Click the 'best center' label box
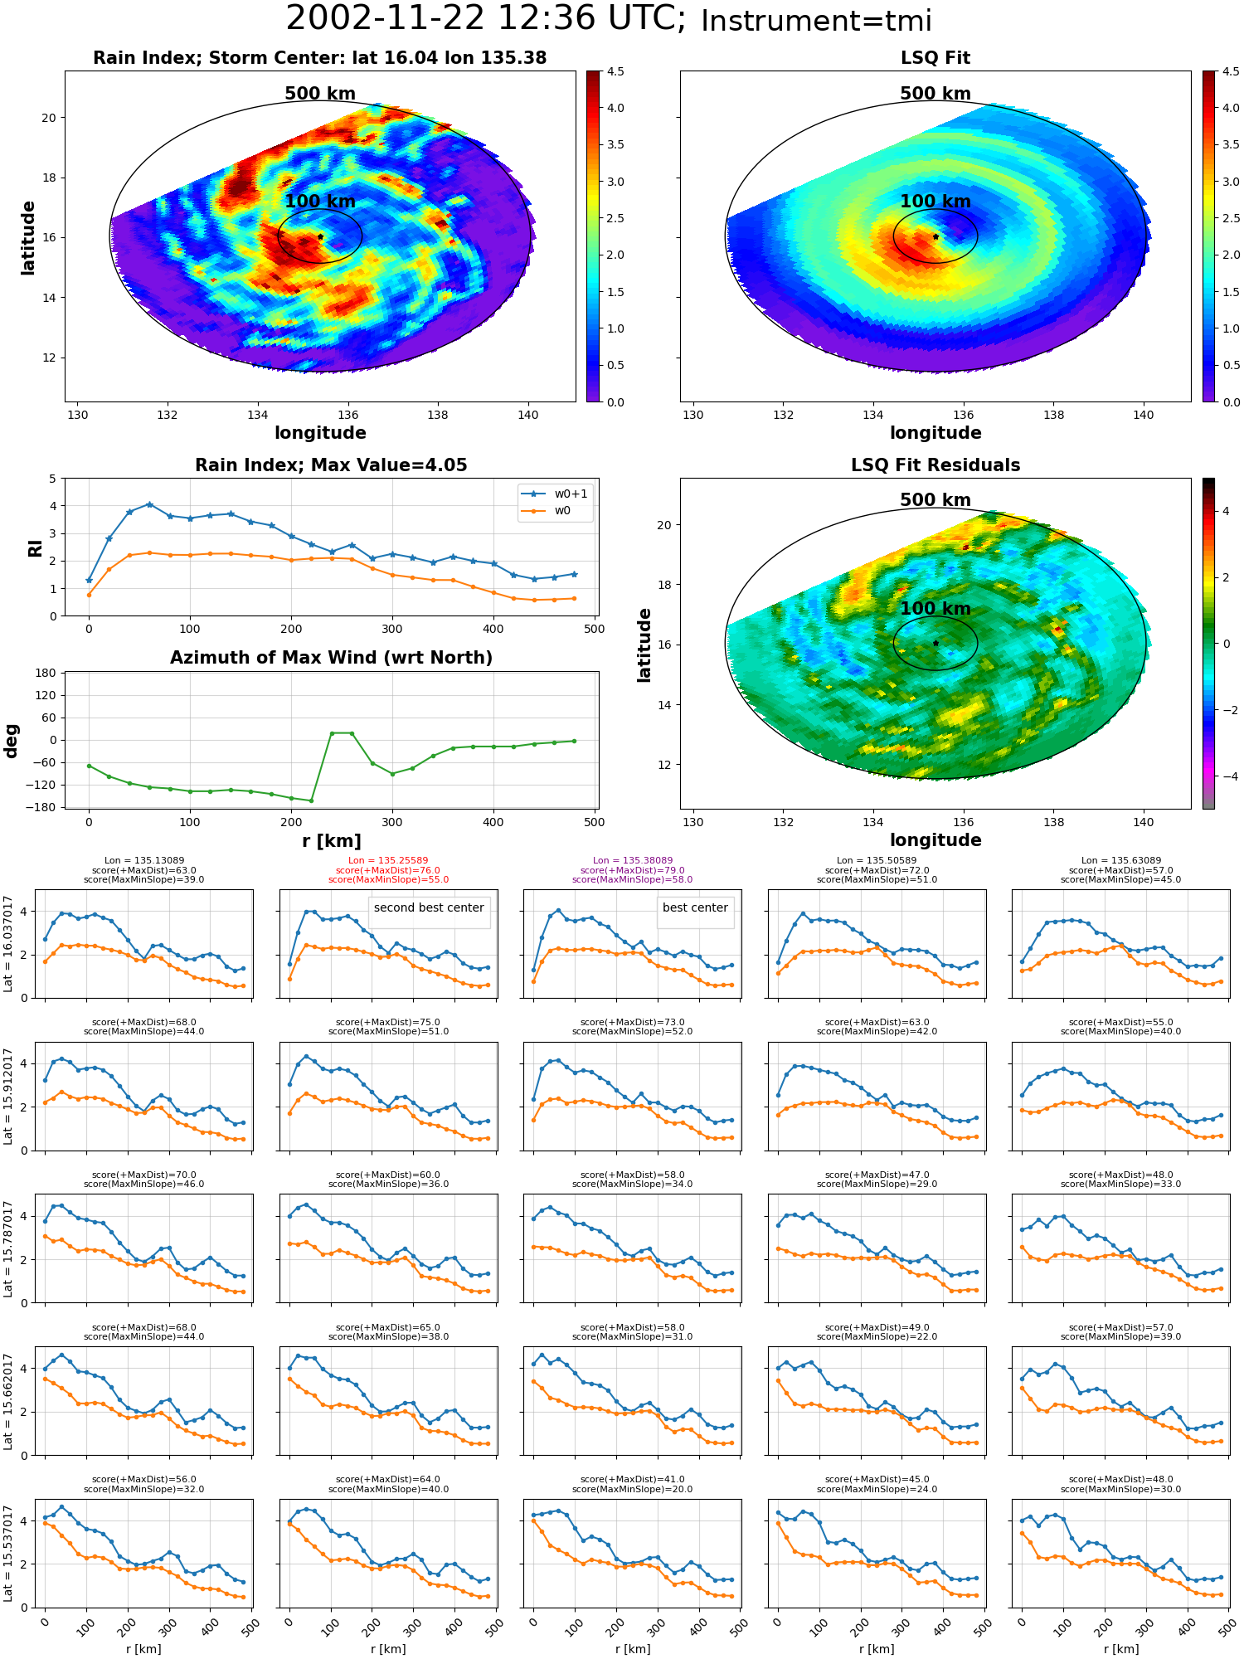coord(695,908)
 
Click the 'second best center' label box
coord(429,908)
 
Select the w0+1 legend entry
coord(556,494)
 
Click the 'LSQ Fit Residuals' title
coord(935,465)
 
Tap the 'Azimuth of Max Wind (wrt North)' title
coord(331,658)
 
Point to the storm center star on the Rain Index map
coord(320,237)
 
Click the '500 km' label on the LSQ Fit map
coord(935,94)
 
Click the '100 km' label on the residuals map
coord(935,608)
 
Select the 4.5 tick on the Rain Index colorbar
coord(615,71)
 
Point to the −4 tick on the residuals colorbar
coord(1225,776)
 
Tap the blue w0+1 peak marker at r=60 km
coord(149,504)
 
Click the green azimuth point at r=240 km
coord(332,733)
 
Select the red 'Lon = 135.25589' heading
coord(388,861)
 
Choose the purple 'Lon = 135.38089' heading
coord(633,861)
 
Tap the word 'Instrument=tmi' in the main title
coord(817,21)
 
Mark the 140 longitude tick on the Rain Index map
coord(528,416)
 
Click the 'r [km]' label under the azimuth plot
coord(332,841)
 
